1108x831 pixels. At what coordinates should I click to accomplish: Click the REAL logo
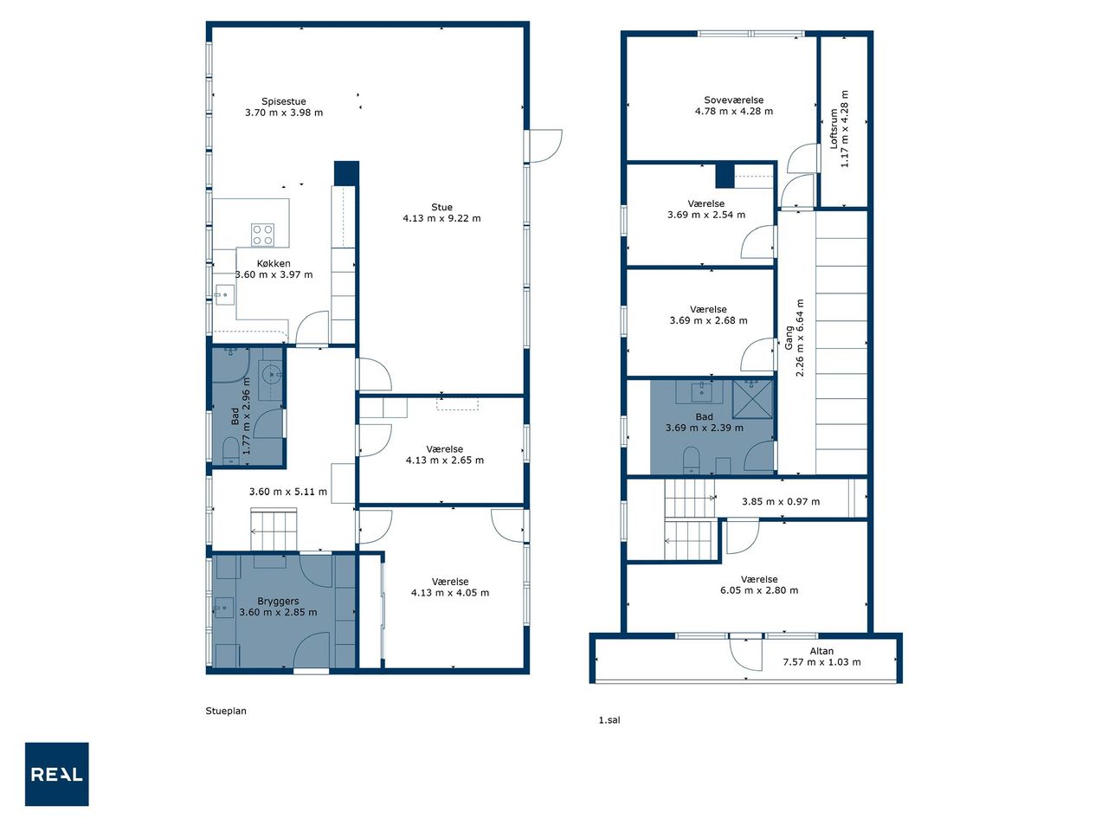click(x=56, y=774)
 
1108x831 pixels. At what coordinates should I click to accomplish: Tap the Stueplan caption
click(x=226, y=711)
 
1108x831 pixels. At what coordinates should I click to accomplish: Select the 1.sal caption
click(x=609, y=720)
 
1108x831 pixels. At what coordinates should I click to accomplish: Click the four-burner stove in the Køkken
click(x=262, y=235)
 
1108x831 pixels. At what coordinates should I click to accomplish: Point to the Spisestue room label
click(x=283, y=101)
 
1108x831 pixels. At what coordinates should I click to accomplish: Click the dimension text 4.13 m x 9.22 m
click(x=441, y=218)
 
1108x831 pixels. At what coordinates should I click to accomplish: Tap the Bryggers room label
click(x=278, y=601)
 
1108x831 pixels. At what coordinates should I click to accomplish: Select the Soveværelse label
click(x=733, y=100)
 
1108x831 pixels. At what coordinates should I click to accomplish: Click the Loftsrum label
click(x=834, y=129)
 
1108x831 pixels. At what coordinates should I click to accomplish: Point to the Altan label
click(x=821, y=651)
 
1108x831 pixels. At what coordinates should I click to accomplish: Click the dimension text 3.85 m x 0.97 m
click(x=781, y=501)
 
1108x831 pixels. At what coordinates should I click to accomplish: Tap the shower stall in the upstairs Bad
click(x=752, y=399)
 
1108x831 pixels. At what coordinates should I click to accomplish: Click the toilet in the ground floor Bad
click(x=230, y=450)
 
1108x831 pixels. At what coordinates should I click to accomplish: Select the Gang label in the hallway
click(x=789, y=338)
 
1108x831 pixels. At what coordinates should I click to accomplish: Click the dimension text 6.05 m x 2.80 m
click(x=759, y=590)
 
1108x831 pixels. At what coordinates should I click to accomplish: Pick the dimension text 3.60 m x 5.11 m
click(x=287, y=492)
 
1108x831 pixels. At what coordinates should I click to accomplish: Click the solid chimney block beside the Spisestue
click(x=346, y=173)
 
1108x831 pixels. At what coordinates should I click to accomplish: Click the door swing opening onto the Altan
click(x=745, y=654)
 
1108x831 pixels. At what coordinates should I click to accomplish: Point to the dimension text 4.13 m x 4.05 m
click(x=450, y=592)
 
